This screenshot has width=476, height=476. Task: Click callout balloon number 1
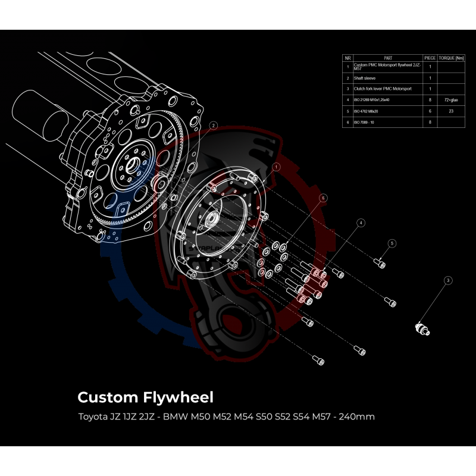point(276,168)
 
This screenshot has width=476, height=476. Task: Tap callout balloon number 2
point(214,126)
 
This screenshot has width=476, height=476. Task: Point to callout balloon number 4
point(360,223)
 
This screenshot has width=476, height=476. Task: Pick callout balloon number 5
point(392,243)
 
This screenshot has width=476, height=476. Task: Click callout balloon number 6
point(323,198)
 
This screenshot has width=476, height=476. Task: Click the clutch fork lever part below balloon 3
point(424,327)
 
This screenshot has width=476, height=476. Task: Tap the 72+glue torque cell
point(450,100)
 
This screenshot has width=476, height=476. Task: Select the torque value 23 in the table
point(450,111)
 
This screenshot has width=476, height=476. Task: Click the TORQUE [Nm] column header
point(450,58)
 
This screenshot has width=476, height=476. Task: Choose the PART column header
point(388,58)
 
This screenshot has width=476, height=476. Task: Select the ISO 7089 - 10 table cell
point(365,122)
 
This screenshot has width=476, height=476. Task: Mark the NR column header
point(347,58)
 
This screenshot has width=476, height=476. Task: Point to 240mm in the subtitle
point(355,416)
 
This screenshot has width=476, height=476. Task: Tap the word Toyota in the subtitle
point(90,416)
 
